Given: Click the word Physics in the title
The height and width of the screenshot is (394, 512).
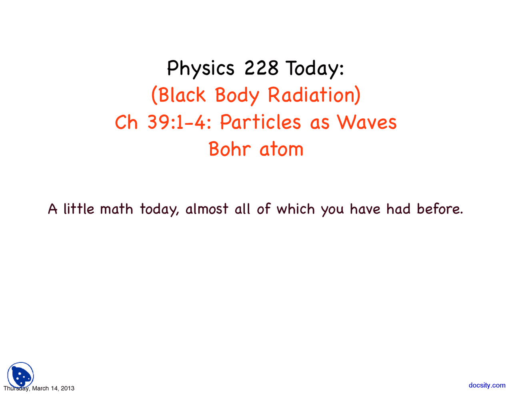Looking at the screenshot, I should (200, 68).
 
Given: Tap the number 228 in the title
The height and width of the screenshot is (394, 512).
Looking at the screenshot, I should (261, 68).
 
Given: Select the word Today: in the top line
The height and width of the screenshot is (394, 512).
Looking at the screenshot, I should (314, 69).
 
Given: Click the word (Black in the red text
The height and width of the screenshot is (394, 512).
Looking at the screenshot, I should (178, 95).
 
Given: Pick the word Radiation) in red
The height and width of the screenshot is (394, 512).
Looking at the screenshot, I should (314, 95).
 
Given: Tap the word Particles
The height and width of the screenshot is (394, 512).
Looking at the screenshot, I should (260, 122).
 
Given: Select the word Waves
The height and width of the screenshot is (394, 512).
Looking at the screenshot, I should (367, 122).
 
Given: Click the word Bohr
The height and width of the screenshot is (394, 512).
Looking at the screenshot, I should (230, 149).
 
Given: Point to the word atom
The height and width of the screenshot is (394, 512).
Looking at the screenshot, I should (282, 150).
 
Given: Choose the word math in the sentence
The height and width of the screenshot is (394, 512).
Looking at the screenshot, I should (116, 209).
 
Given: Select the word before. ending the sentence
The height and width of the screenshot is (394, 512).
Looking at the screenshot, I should (440, 209).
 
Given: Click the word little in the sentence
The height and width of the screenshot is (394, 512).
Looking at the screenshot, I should (79, 209).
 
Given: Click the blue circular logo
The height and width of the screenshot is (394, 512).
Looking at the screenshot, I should (20, 375).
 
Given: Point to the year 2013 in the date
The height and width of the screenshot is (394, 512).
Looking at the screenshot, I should (68, 388).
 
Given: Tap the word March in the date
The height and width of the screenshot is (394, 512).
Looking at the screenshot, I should (40, 388).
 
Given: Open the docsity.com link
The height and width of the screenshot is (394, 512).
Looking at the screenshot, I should (487, 385).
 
